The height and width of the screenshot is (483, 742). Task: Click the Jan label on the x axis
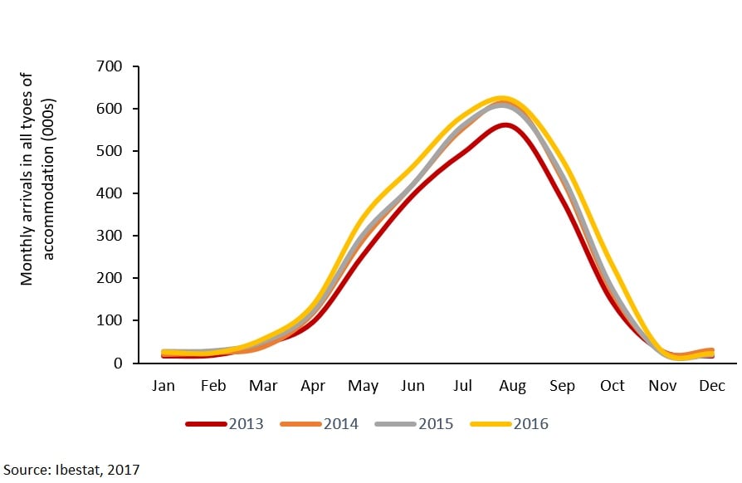pyautogui.click(x=164, y=386)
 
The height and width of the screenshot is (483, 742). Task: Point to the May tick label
pyautogui.click(x=364, y=386)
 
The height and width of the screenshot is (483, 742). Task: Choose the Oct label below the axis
pyautogui.click(x=613, y=386)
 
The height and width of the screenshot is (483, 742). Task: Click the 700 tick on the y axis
pyautogui.click(x=110, y=66)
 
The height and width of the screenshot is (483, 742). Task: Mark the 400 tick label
pyautogui.click(x=110, y=193)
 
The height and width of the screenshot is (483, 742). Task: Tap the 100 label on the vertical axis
pyautogui.click(x=110, y=321)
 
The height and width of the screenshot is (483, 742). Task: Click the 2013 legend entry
pyautogui.click(x=224, y=424)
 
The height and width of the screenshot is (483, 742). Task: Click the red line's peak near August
pyautogui.click(x=505, y=125)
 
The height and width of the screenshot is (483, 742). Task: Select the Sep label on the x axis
pyautogui.click(x=563, y=386)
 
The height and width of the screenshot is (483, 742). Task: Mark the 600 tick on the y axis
pyautogui.click(x=110, y=109)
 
